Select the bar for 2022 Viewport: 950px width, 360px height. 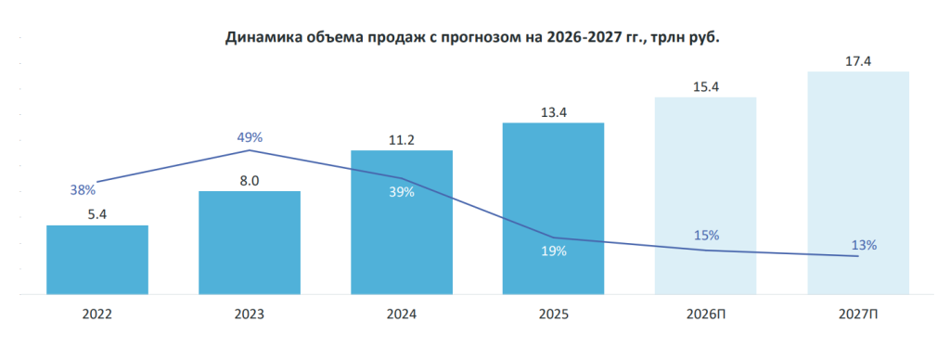click(97, 260)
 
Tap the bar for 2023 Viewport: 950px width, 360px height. click(250, 243)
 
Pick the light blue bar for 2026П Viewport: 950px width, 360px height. click(705, 196)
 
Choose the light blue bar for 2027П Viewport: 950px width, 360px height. click(858, 183)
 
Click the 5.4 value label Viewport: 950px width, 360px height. click(96, 214)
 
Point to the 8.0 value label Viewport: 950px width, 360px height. click(250, 180)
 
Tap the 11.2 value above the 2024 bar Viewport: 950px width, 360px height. click(402, 140)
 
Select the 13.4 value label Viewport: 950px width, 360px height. click(553, 112)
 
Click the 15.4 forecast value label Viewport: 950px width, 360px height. click(705, 86)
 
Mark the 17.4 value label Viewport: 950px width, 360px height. click(858, 61)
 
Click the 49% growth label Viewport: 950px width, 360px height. click(250, 137)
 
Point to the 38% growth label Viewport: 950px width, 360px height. click(83, 190)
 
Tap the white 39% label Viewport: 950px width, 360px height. click(402, 192)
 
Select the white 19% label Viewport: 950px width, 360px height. click(554, 251)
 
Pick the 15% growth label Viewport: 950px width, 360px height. click(706, 235)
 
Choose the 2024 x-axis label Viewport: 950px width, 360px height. click(402, 315)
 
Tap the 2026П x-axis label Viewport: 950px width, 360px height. click(706, 315)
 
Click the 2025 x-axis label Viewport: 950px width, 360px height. click(553, 315)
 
